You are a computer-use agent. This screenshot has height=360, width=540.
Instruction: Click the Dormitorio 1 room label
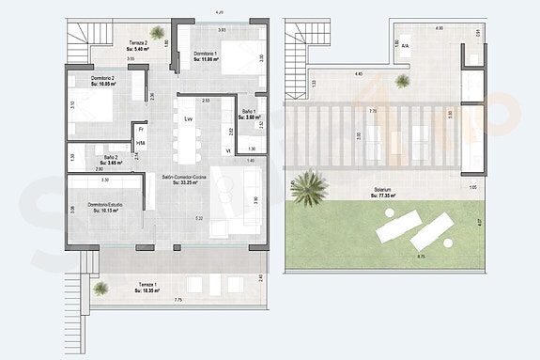pos(206,56)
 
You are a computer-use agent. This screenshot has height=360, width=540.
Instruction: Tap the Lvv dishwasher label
pos(189,119)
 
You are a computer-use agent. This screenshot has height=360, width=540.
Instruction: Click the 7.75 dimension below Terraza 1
pos(177,300)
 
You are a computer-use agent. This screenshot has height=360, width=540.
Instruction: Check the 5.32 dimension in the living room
pos(198,218)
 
